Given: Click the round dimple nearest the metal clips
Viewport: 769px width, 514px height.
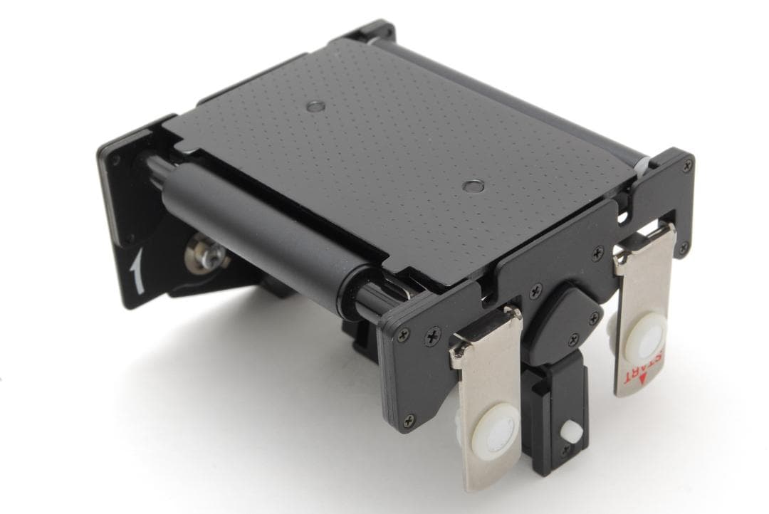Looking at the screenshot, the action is coord(473,185).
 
